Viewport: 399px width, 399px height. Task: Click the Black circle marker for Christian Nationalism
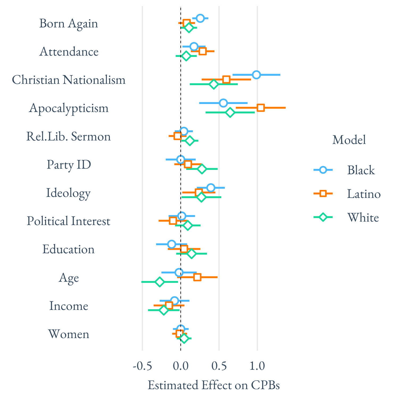coord(256,75)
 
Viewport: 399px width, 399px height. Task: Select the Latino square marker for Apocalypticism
coord(261,108)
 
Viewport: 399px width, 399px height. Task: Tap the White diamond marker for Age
coord(160,282)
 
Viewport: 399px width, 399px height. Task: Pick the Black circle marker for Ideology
coord(211,188)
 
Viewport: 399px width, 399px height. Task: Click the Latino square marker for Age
coord(197,277)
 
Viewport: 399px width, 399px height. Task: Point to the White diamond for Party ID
coord(202,169)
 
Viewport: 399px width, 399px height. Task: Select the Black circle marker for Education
coord(172,244)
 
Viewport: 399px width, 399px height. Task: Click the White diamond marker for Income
coord(164,310)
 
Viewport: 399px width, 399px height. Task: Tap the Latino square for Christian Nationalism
coord(226,79)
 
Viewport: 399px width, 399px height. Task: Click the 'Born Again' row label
coord(69,23)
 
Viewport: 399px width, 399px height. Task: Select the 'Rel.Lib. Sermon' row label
coord(69,136)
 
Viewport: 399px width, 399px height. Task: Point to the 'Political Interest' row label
coord(69,221)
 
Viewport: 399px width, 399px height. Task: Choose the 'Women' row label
coord(69,334)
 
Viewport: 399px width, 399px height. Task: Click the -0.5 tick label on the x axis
coord(142,366)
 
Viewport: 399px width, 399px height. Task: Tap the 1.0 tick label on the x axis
coord(257,366)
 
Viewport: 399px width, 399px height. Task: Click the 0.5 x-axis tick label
coord(219,366)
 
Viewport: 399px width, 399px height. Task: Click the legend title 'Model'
coord(349,140)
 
